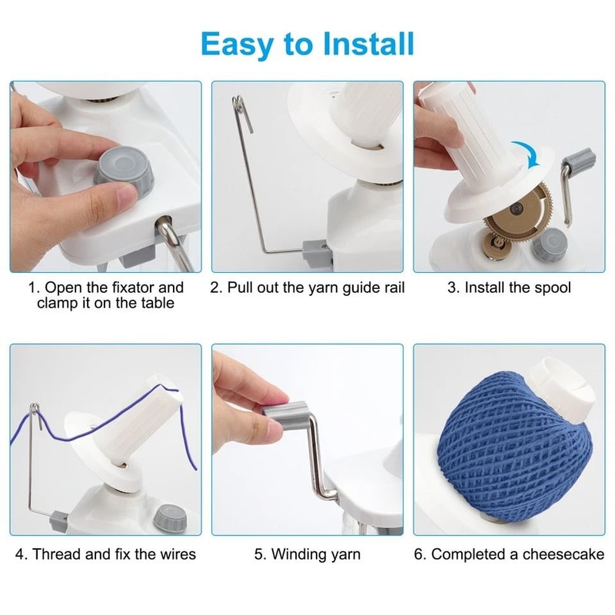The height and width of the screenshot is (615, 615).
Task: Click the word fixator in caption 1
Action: pyautogui.click(x=122, y=288)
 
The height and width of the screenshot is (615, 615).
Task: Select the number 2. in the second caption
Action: pyautogui.click(x=216, y=288)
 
